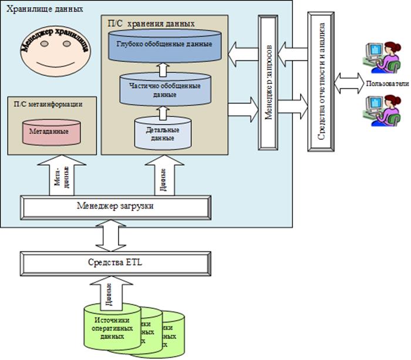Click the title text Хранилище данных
[x=45, y=11]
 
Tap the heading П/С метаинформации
[x=47, y=103]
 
